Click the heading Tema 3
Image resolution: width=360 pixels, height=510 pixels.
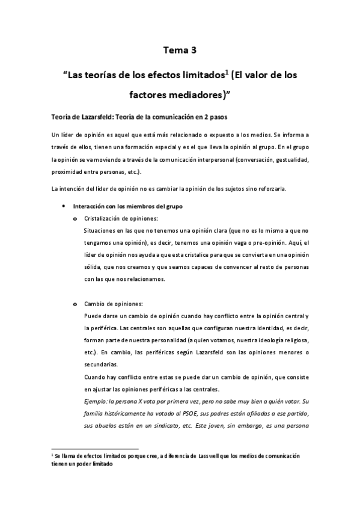point(180,51)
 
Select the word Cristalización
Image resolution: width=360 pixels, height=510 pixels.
point(105,218)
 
